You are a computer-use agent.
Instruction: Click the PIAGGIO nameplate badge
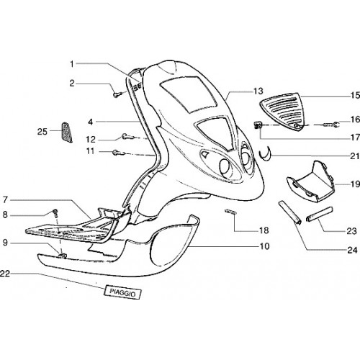(122, 293)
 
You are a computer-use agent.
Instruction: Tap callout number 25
(42, 132)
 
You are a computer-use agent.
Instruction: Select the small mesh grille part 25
(66, 132)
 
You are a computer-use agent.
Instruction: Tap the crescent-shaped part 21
(265, 156)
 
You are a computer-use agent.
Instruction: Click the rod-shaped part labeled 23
(320, 214)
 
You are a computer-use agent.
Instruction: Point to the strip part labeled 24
(289, 212)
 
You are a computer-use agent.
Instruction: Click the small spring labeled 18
(230, 212)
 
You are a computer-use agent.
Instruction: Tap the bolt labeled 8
(55, 213)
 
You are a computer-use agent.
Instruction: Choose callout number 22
(5, 273)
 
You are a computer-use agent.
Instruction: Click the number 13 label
(258, 91)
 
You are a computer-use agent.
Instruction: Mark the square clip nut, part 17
(258, 125)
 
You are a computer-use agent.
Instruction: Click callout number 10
(265, 246)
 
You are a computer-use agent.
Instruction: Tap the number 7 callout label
(5, 199)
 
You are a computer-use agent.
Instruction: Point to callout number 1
(72, 64)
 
